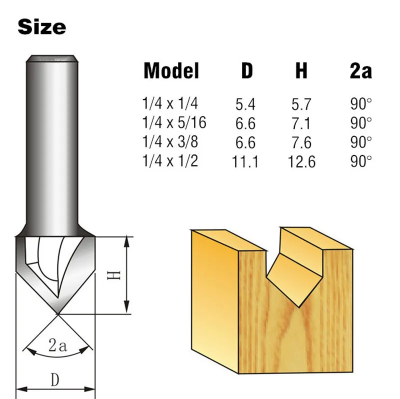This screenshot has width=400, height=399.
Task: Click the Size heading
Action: [x=41, y=26]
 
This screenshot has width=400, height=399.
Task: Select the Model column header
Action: [x=171, y=71]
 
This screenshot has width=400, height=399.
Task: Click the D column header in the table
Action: [x=247, y=71]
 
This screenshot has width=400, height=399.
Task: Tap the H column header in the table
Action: [x=301, y=71]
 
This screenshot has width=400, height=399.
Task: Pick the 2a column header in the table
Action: [x=360, y=71]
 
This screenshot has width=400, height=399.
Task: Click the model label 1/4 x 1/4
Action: [x=170, y=104]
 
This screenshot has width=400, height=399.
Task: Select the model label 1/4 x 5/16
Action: [x=174, y=122]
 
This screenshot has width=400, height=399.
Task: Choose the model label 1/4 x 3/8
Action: [x=170, y=142]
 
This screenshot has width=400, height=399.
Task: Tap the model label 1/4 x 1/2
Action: [x=170, y=161]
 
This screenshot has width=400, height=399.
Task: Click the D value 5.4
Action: [x=245, y=104]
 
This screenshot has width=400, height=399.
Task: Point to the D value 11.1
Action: [x=245, y=161]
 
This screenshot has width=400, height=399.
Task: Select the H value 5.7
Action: [x=301, y=104]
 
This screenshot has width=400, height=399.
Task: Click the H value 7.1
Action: [x=301, y=123]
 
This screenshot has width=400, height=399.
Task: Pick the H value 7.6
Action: [x=301, y=142]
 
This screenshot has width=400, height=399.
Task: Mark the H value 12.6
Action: [x=301, y=161]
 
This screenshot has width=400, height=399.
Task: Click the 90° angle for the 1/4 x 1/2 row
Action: [x=361, y=161]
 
